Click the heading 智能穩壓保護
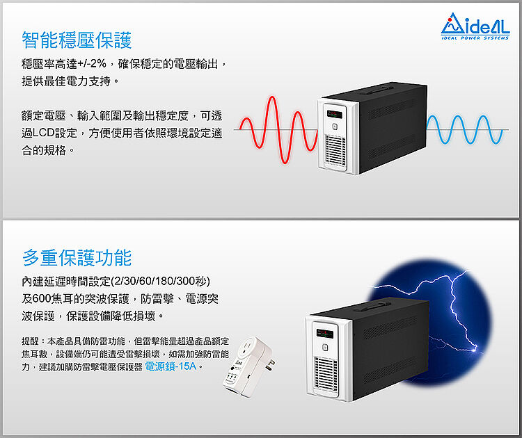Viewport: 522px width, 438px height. coord(77,40)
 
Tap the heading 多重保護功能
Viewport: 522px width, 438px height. coord(77,259)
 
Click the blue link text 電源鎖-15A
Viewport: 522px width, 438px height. coord(171,366)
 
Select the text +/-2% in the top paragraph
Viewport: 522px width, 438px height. coord(93,65)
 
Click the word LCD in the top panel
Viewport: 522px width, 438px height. coord(56,132)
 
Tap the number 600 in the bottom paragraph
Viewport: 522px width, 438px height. coord(42,298)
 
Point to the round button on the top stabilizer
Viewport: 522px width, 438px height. coord(335,127)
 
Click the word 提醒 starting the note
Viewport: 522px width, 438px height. coord(31,341)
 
